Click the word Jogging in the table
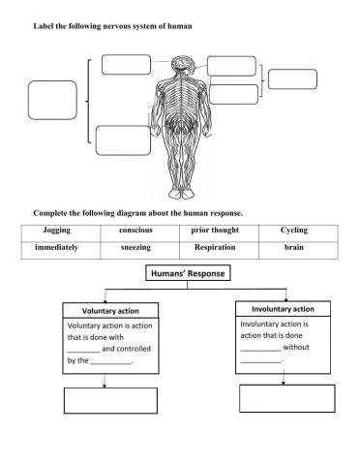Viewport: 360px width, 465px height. point(58,232)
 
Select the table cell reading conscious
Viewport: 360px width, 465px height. point(135,232)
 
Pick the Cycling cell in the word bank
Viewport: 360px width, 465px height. point(294,232)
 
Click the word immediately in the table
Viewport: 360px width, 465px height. point(56,248)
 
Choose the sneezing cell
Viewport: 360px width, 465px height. point(135,248)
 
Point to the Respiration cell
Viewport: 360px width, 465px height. point(215,248)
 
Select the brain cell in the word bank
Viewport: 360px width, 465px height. point(294,248)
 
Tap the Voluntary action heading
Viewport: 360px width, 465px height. point(104,310)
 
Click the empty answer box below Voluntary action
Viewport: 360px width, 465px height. point(105,400)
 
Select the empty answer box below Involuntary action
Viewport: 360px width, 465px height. point(285,399)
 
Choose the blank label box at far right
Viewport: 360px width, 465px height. point(292,79)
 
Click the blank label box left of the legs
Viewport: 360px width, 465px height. point(123,139)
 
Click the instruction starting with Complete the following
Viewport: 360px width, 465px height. point(137,212)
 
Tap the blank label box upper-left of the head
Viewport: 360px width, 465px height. point(126,65)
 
